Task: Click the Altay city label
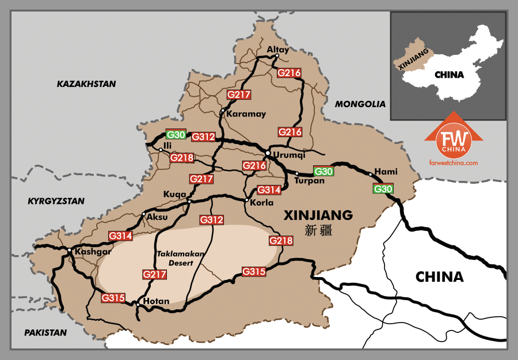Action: (278, 50)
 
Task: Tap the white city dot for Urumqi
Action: (268, 153)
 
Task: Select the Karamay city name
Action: (246, 114)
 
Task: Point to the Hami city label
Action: (386, 172)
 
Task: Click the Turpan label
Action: (310, 181)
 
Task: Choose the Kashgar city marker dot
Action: (68, 250)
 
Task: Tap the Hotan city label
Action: (157, 301)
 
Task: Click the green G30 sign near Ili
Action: (176, 135)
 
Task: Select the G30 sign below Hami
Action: (383, 189)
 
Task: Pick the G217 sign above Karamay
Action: (238, 94)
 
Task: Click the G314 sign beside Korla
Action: (269, 190)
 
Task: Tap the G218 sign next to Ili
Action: (182, 158)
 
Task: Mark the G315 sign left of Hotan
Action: (113, 298)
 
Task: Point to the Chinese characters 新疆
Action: (318, 231)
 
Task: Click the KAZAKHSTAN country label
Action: (86, 84)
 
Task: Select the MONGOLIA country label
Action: (360, 104)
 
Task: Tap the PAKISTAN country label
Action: (45, 332)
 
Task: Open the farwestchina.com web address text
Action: (454, 163)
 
